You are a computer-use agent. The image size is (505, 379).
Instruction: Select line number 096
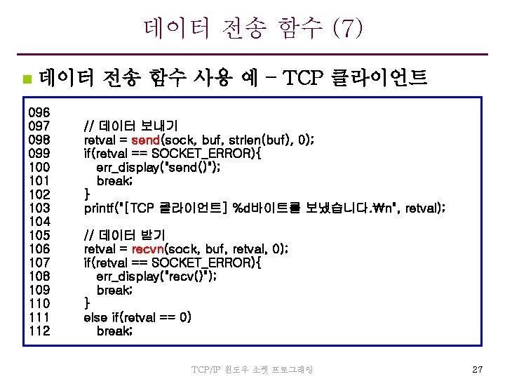point(39,112)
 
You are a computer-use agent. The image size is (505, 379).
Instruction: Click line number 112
point(39,331)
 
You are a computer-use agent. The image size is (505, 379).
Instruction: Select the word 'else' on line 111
point(96,317)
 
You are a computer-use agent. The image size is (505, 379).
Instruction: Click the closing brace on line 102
point(87,194)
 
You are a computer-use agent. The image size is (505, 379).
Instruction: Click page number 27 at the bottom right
point(477,368)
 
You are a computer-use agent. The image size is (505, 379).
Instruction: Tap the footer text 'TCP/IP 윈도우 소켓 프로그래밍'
point(252,369)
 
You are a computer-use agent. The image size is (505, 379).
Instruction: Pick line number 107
point(39,262)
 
